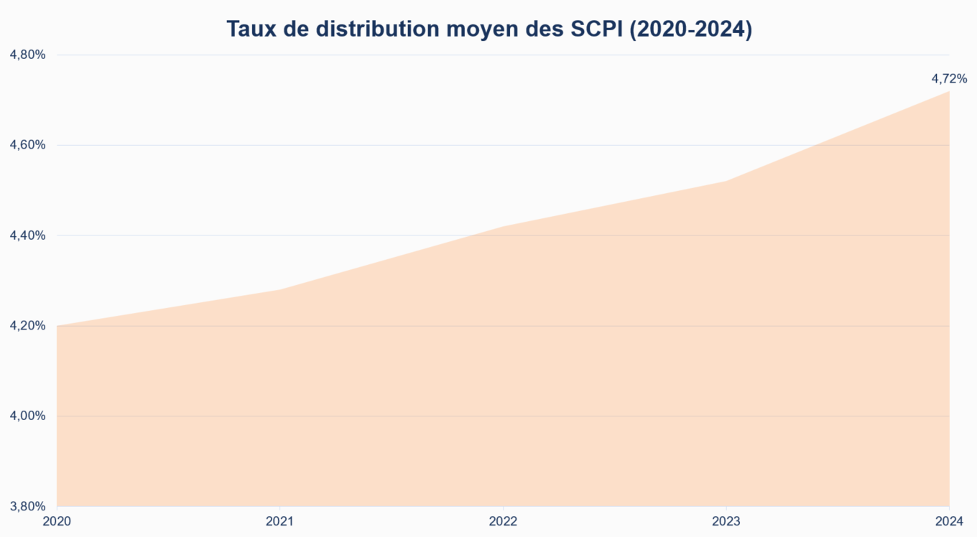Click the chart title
[488, 29]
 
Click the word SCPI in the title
[594, 29]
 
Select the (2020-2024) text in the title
[690, 29]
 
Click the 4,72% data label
[949, 78]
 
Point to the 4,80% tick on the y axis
[28, 55]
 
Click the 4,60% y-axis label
[28, 145]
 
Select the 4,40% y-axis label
[28, 235]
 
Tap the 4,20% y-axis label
[28, 326]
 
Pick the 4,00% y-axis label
[28, 416]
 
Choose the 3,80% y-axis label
[28, 506]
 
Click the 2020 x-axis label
[57, 522]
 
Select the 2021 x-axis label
[279, 522]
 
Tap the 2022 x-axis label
[503, 522]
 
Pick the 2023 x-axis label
[726, 522]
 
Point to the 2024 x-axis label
[949, 522]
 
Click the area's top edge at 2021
[279, 289]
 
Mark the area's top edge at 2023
[726, 181]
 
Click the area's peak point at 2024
[949, 91]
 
